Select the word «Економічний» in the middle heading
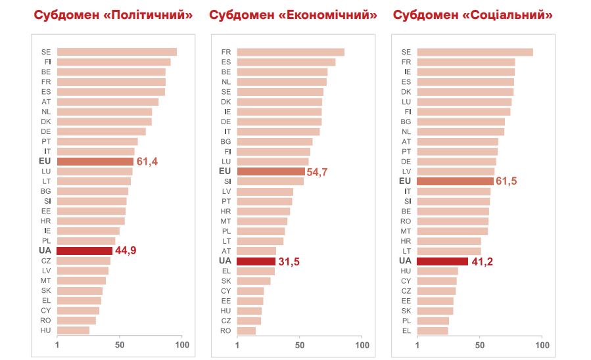[333, 14]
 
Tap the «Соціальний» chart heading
[509, 14]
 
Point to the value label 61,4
[148, 161]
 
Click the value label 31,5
[289, 261]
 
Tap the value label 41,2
[482, 261]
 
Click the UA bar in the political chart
[85, 250]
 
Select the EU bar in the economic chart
[271, 171]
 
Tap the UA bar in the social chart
[442, 261]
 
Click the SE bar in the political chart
[117, 52]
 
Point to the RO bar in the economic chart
[247, 330]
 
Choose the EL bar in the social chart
[433, 330]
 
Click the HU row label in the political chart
[45, 330]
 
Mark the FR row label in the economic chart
[225, 52]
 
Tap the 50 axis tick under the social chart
[480, 345]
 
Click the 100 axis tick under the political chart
[182, 345]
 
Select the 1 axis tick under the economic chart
[237, 345]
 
